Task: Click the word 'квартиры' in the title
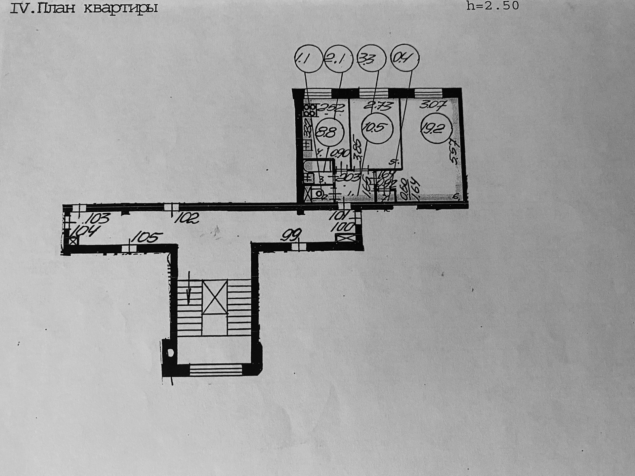click(x=120, y=8)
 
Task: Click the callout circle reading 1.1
click(x=308, y=59)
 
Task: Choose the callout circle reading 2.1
click(x=338, y=59)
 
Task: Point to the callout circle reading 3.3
click(x=372, y=59)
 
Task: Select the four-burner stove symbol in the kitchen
click(x=310, y=110)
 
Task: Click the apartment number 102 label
click(x=187, y=218)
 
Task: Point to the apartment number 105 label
click(x=147, y=237)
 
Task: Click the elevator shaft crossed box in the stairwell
click(x=215, y=297)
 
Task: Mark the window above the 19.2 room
click(x=428, y=93)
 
